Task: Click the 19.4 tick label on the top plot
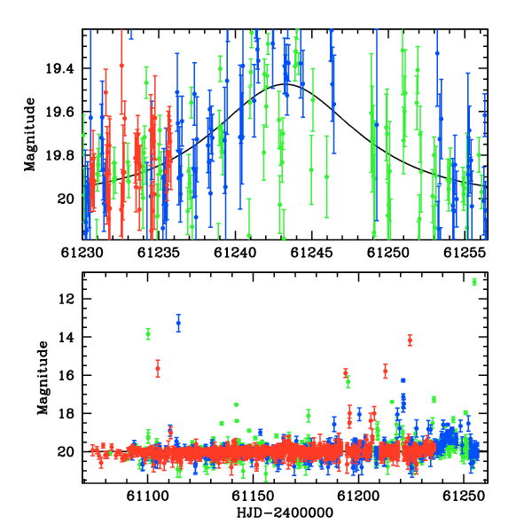click(59, 69)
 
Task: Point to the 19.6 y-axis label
click(59, 112)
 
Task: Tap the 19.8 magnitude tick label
click(59, 155)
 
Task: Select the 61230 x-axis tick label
click(82, 253)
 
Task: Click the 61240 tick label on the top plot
click(235, 253)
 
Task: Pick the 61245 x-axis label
click(311, 253)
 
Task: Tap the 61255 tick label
click(465, 253)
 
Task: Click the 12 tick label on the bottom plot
click(66, 299)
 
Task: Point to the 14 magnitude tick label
click(66, 337)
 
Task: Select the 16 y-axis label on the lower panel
click(66, 375)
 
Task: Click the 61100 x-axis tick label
click(147, 497)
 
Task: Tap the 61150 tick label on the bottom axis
click(253, 497)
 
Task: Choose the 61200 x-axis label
click(358, 497)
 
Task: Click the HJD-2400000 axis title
click(285, 512)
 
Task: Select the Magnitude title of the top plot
click(30, 135)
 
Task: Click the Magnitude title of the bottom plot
click(43, 378)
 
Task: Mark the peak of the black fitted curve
click(286, 84)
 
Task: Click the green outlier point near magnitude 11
click(474, 282)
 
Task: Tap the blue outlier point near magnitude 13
click(178, 323)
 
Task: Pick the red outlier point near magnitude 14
click(411, 340)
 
